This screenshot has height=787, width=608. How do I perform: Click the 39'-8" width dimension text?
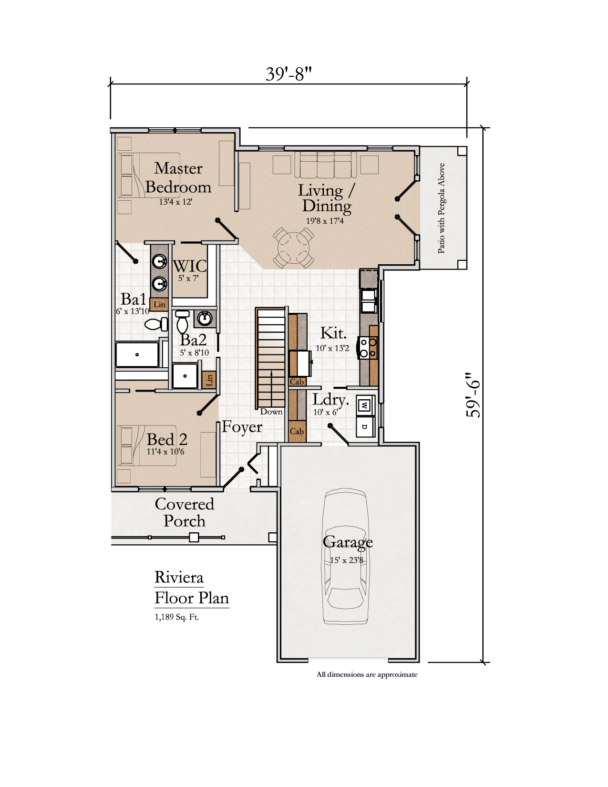pos(288,74)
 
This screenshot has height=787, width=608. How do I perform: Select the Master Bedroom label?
pos(178,177)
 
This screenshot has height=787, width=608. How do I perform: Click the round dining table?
pos(293,248)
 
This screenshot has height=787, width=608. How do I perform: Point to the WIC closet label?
pos(190,266)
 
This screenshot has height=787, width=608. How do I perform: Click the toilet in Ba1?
pos(156,324)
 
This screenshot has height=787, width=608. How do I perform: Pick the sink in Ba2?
pos(205,319)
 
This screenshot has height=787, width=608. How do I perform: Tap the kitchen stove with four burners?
pos(368,348)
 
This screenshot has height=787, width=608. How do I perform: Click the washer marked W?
pos(365,405)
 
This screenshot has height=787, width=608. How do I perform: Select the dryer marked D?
pos(365,426)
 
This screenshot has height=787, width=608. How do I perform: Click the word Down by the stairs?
pos(271,412)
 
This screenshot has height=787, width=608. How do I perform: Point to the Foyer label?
pos(242,426)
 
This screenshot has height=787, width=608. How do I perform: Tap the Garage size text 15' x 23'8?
pos(346,560)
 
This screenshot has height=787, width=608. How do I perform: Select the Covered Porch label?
pos(185,512)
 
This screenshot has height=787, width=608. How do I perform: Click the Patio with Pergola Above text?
pos(441,208)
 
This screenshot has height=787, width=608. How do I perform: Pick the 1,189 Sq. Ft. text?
pos(177,617)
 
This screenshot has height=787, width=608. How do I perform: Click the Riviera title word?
pos(179,577)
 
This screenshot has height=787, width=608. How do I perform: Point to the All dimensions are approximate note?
pos(367,674)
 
